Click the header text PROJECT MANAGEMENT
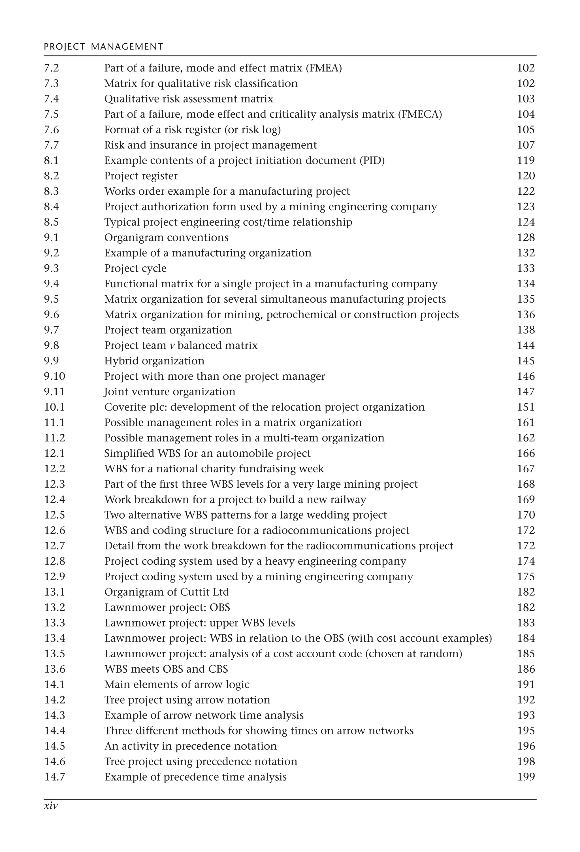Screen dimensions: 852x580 tap(103, 46)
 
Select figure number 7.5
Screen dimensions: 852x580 tap(51, 114)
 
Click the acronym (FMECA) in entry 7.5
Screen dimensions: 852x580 tap(420, 114)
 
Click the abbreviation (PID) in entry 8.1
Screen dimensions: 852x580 tap(372, 161)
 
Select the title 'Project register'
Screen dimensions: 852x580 tap(141, 176)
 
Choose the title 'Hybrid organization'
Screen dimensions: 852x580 tap(154, 361)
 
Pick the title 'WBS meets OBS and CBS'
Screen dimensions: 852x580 tap(166, 669)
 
